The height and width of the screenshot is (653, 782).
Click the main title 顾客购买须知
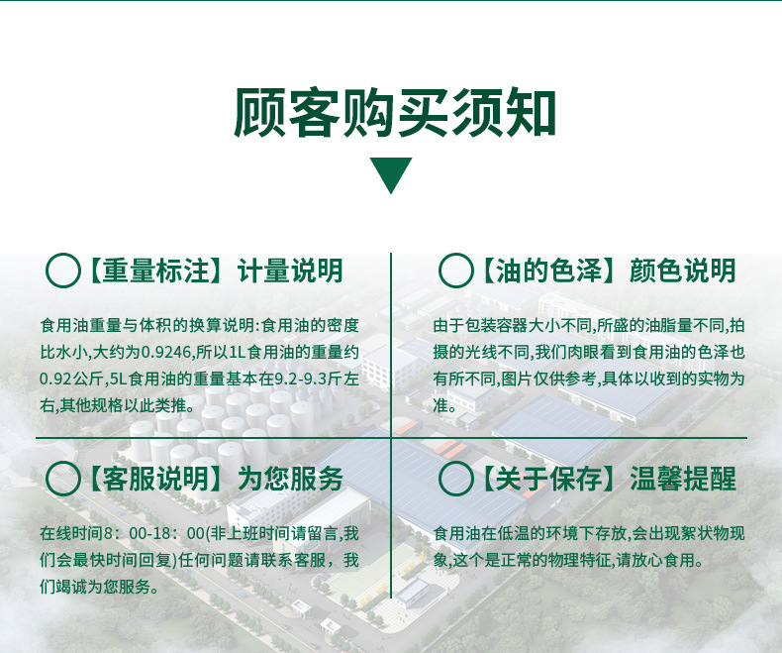pos(395,113)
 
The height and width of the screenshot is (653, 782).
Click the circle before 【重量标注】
pos(62,271)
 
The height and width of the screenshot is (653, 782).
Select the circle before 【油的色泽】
pos(455,271)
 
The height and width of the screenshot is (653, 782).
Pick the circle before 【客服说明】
pos(62,479)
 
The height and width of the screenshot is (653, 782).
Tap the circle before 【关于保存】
pos(455,479)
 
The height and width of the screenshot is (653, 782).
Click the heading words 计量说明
pos(290,271)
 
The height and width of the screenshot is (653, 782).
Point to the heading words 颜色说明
pos(683,271)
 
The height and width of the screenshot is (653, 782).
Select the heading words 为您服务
pos(290,479)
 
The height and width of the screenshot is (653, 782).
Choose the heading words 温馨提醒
pos(683,479)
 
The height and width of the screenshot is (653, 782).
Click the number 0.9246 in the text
pos(166,353)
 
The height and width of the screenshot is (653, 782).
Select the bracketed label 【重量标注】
pos(156,271)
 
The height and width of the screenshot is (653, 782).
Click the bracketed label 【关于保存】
pos(549,479)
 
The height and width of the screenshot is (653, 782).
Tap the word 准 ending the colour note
pos(440,405)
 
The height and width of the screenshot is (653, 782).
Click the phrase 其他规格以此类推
pos(120,405)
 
